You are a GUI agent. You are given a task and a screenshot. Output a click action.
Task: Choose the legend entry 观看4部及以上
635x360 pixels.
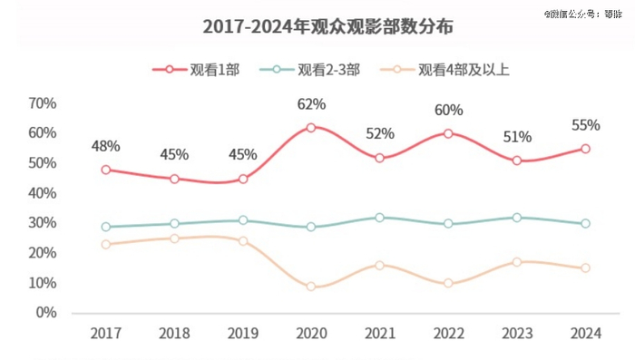tap(451, 69)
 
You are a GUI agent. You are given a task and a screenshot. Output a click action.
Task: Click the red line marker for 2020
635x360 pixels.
tap(311, 128)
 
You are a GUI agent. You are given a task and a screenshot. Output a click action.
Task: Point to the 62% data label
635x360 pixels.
tap(311, 104)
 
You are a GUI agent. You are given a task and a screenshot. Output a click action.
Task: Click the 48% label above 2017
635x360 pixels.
tap(105, 146)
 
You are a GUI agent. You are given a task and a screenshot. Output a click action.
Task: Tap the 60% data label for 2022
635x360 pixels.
tap(448, 111)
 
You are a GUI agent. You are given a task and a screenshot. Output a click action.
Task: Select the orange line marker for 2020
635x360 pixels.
tap(311, 287)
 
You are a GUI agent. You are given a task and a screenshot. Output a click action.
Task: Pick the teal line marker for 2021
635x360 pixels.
tap(380, 218)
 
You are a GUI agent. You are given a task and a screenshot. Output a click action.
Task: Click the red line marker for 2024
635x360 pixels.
tap(585, 149)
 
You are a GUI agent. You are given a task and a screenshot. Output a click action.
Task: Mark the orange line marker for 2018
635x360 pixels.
tap(174, 238)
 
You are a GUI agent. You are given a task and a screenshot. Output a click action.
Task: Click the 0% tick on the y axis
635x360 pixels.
tap(46, 313)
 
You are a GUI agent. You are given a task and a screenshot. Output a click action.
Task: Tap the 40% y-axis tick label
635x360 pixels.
tap(43, 193)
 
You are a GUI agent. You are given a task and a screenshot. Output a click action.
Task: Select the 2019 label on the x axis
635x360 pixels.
tap(243, 335)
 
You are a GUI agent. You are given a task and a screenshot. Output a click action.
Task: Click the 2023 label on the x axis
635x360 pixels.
tap(517, 335)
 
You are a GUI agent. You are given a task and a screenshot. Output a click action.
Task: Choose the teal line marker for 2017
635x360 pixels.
tap(106, 227)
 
